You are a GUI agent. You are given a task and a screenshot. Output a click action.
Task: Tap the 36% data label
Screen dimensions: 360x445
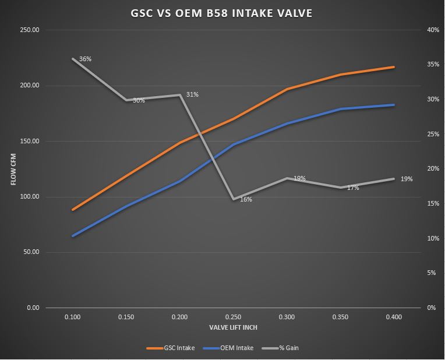coord(85,59)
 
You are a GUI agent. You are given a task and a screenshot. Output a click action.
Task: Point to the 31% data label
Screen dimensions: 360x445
coord(192,94)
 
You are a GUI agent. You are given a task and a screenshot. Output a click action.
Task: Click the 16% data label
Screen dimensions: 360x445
coord(246,200)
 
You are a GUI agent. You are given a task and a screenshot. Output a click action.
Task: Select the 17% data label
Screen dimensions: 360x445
coord(353,188)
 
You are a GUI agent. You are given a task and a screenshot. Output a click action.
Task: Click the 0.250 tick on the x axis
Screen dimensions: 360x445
coord(233,317)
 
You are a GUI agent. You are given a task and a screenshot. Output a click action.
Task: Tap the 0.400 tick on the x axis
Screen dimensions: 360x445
coord(394,317)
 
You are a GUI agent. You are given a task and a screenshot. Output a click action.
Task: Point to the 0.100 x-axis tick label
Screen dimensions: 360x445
coord(72,317)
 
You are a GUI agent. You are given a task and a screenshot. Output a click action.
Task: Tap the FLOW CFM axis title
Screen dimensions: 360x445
coord(13,169)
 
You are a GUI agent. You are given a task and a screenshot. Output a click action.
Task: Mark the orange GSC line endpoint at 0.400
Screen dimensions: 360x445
coord(394,67)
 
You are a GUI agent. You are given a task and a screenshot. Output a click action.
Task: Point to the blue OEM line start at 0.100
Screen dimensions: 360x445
coord(73,236)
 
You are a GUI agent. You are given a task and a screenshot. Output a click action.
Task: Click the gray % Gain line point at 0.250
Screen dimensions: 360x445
coord(233,199)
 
